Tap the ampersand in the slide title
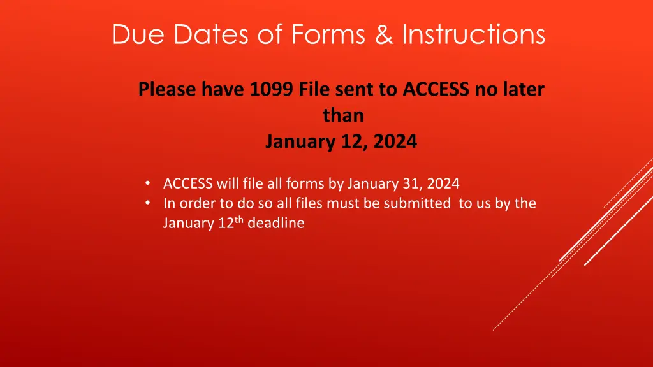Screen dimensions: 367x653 coord(384,34)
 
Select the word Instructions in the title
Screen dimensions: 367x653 coord(473,34)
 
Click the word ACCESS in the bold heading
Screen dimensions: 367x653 coord(437,90)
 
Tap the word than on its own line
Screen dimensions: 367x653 coord(343,115)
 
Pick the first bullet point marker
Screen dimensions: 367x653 coord(148,183)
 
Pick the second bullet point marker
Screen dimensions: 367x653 coord(148,203)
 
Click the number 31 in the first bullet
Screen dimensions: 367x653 coord(411,184)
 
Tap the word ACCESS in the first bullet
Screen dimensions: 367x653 coord(187,184)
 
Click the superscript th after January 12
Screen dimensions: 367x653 coord(238,220)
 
